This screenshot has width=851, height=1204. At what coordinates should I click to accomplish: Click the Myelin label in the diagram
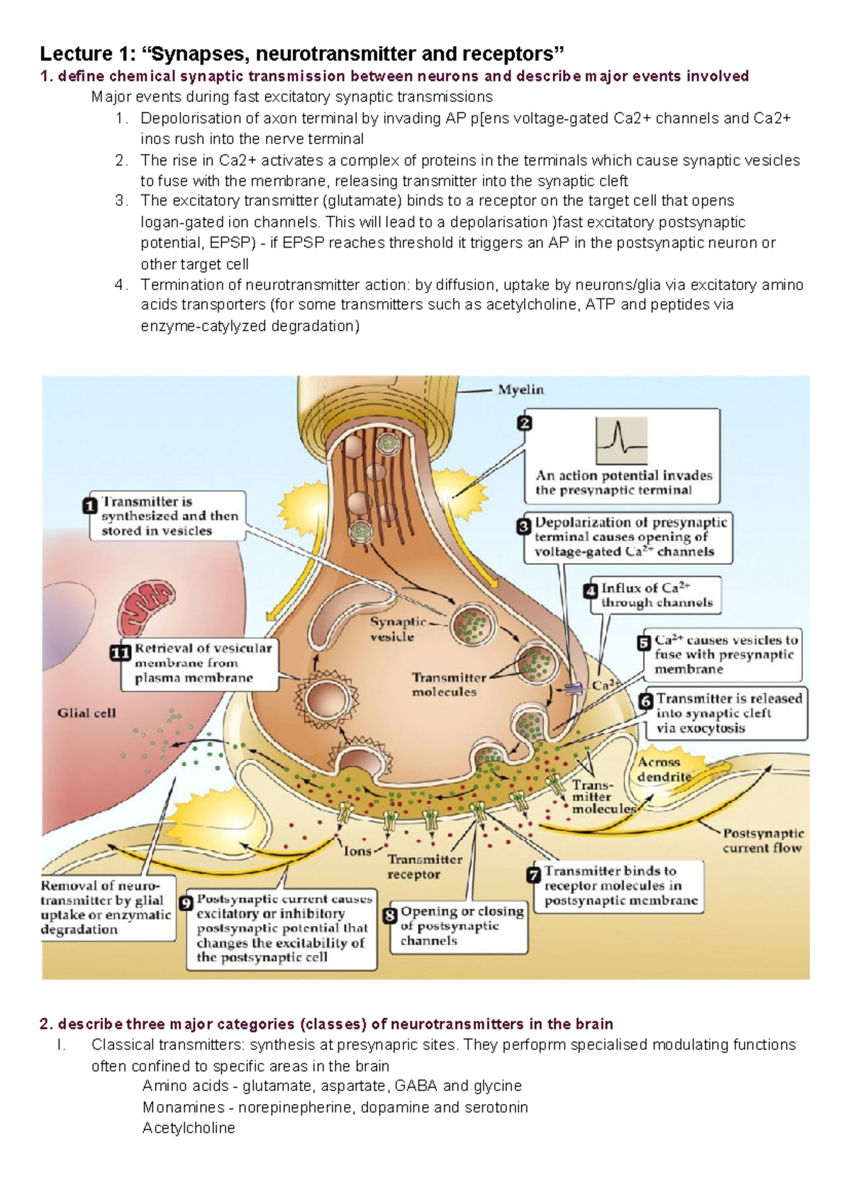point(521,390)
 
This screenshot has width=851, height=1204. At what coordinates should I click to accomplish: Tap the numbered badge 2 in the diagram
point(524,424)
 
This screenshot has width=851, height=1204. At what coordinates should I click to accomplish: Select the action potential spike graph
point(621,441)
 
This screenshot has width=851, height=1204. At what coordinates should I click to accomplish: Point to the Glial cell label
point(87,713)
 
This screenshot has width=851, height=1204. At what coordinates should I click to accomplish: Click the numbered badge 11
point(121,653)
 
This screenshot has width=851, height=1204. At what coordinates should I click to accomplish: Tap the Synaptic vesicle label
point(397,629)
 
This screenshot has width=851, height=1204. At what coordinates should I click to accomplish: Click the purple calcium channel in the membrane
point(574,687)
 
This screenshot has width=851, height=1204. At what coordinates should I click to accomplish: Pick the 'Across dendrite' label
point(662,769)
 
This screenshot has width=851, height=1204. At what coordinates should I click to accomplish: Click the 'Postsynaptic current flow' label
point(762,840)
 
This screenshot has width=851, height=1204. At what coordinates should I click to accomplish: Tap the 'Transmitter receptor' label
point(424,866)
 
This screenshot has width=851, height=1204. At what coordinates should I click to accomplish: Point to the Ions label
point(357,851)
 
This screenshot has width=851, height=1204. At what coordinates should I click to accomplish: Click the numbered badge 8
point(390,916)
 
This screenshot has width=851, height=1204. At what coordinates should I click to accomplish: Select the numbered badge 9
point(187,903)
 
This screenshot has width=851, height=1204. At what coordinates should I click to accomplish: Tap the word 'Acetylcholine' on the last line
point(189,1127)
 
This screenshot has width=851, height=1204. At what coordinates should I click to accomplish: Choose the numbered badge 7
point(534,875)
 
